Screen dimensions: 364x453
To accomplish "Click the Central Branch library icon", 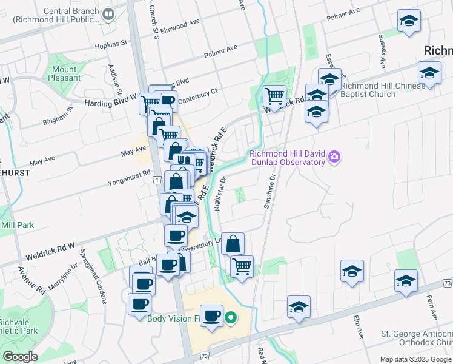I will coord(109,13).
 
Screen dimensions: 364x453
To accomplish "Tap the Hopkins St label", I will coord(111,44).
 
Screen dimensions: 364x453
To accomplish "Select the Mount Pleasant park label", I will coord(64,73).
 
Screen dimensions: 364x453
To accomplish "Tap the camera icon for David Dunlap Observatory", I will coord(334,158).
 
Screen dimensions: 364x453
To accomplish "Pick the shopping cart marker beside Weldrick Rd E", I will coord(274,96).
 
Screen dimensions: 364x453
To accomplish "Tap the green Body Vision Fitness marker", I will coord(231,317).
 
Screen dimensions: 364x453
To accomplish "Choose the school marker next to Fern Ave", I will coord(406,280).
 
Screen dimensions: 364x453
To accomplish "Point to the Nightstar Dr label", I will coord(220,194).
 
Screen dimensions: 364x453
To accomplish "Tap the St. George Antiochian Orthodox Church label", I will coord(416,337).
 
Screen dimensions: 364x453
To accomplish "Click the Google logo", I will coord(21,356).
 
